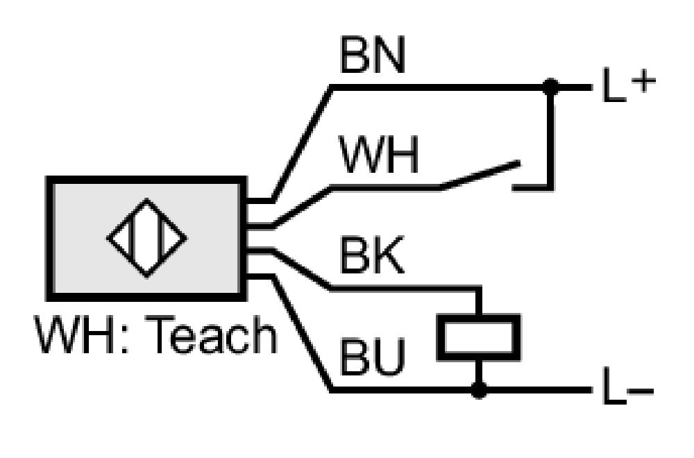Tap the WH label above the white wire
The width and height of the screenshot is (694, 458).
379,155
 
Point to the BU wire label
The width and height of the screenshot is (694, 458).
372,357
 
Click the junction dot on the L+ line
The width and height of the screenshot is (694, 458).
550,87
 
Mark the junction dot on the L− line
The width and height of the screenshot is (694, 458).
478,390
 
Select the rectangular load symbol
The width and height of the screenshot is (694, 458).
478,337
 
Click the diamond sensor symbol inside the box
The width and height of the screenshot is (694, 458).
147,238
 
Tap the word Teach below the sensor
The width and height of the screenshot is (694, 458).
211,334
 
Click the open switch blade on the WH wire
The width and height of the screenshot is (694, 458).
481,176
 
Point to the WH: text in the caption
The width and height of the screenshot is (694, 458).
83,334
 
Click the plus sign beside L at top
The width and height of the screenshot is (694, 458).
643,82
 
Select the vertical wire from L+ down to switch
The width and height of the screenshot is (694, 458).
550,137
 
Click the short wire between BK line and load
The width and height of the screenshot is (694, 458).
478,301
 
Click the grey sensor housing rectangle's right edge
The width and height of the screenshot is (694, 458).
243,239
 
